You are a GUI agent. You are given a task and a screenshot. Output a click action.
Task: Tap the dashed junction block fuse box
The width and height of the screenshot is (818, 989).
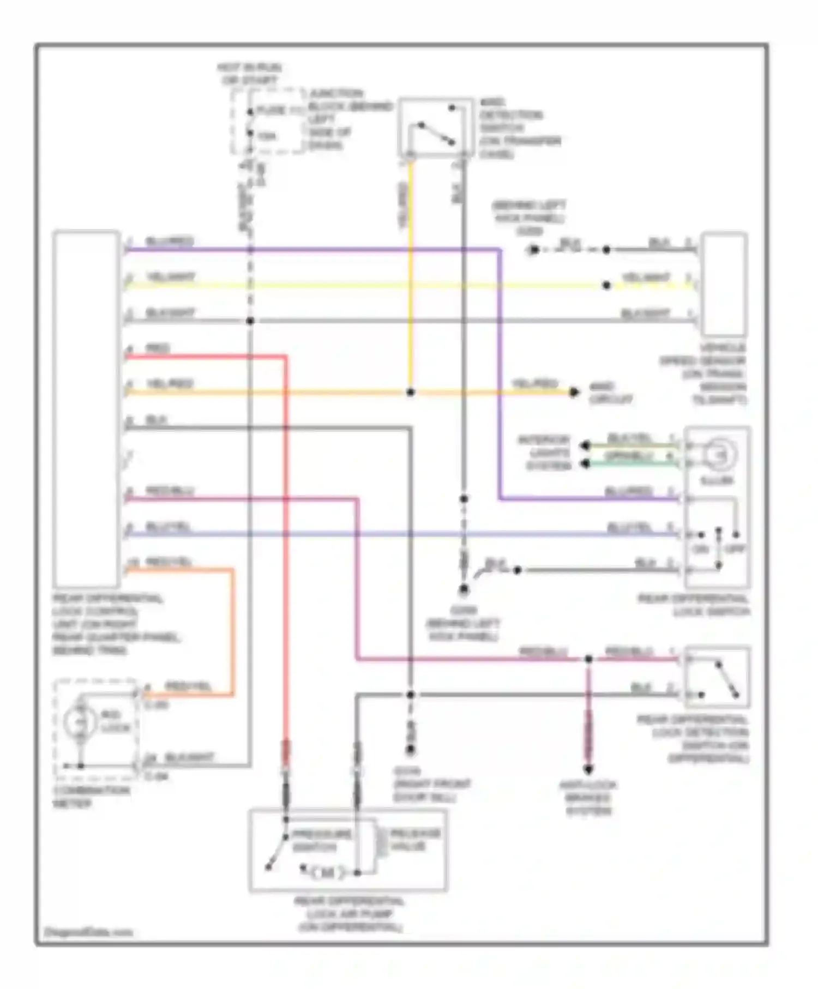pyautogui.click(x=268, y=121)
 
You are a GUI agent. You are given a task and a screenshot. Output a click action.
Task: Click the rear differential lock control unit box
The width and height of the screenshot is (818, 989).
pyautogui.click(x=86, y=408)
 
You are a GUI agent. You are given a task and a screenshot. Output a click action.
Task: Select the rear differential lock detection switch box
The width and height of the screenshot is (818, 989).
pyautogui.click(x=718, y=677)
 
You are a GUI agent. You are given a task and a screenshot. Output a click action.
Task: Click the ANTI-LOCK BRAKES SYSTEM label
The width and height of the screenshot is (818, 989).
pyautogui.click(x=588, y=798)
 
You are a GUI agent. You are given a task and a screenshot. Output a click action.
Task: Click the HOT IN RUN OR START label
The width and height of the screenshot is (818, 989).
pyautogui.click(x=249, y=74)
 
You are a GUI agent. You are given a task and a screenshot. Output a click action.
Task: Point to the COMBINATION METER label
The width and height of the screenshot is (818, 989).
pyautogui.click(x=91, y=797)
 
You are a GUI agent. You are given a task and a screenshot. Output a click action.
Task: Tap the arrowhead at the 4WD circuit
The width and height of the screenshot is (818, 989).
pyautogui.click(x=574, y=392)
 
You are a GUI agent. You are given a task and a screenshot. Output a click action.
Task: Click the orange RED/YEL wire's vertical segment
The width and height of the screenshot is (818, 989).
pyautogui.click(x=233, y=632)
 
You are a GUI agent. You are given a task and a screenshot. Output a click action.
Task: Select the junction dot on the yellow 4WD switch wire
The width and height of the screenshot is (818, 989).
pyautogui.click(x=411, y=392)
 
